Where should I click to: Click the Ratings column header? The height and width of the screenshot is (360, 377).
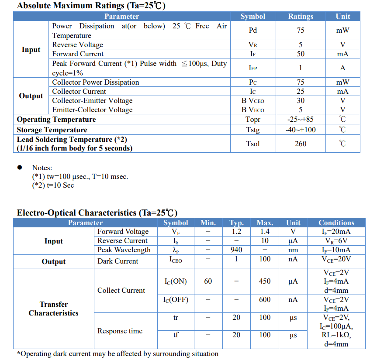pyautogui.click(x=301, y=17)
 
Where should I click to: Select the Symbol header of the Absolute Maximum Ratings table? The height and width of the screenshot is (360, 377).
pyautogui.click(x=252, y=17)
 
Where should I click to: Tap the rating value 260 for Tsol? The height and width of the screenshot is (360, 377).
pyautogui.click(x=301, y=144)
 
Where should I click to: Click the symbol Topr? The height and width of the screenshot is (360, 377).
pyautogui.click(x=253, y=120)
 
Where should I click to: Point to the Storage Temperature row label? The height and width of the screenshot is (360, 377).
pyautogui.click(x=52, y=130)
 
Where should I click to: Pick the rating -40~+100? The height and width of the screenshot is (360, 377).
pyautogui.click(x=301, y=130)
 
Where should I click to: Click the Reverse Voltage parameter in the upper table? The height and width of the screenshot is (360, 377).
pyautogui.click(x=78, y=45)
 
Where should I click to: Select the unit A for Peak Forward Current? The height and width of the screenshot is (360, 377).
pyautogui.click(x=342, y=68)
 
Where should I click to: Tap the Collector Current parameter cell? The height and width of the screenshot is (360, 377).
pyautogui.click(x=79, y=92)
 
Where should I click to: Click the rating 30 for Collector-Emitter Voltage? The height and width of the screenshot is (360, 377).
pyautogui.click(x=301, y=101)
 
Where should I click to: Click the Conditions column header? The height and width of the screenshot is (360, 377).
pyautogui.click(x=336, y=223)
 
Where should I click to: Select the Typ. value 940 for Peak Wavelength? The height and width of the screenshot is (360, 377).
pyautogui.click(x=236, y=250)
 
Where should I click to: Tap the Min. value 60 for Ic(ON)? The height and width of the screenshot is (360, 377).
pyautogui.click(x=208, y=281)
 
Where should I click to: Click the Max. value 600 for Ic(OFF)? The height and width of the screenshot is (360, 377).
pyautogui.click(x=265, y=300)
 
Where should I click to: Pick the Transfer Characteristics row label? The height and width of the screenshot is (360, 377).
pyautogui.click(x=54, y=309)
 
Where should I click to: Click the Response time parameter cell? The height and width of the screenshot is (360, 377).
pyautogui.click(x=120, y=331)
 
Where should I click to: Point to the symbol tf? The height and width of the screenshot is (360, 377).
pyautogui.click(x=176, y=336)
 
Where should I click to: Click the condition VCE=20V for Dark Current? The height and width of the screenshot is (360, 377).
pyautogui.click(x=336, y=259)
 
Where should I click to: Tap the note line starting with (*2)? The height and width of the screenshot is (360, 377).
pyautogui.click(x=53, y=185)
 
